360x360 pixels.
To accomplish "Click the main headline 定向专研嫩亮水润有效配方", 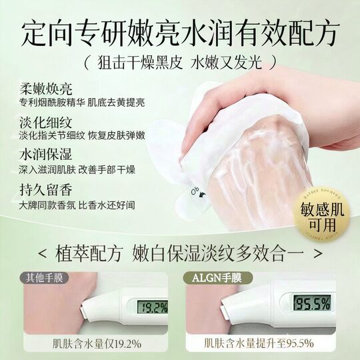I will [179, 31].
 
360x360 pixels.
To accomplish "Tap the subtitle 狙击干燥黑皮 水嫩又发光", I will [180, 63].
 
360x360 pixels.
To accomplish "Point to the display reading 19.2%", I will [152, 307].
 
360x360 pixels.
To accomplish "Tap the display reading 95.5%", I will [312, 303].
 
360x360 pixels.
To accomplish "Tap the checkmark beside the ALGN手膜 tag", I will [191, 277].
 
